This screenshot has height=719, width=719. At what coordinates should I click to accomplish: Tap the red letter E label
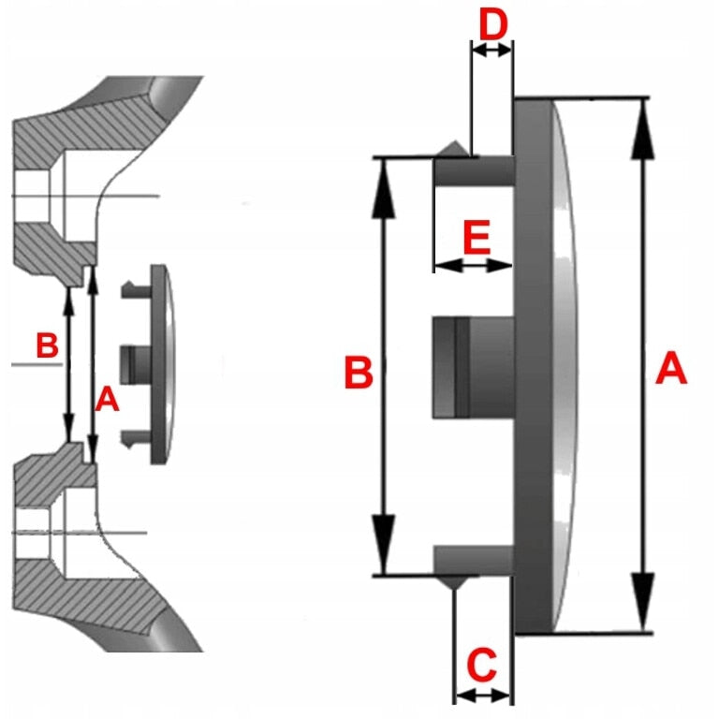coord(477,238)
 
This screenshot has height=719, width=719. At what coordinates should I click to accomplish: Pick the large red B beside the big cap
coord(359,373)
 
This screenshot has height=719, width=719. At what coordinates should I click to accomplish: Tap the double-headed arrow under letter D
coord(492,51)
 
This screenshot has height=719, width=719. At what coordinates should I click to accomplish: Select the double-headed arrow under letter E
coord(473,266)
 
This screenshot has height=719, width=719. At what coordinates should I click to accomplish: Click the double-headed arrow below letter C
coord(482,697)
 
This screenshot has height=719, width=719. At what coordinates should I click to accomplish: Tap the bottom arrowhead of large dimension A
coord(644,602)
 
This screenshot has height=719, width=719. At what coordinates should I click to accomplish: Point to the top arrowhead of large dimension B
coord(384,188)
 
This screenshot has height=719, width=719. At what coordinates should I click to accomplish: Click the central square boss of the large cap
coord(473,367)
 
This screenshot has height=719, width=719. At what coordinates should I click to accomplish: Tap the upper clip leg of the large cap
coord(474,171)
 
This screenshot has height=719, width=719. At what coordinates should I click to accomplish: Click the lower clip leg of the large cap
coord(473,560)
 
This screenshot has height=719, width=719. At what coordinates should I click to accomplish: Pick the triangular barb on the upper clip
coord(454,148)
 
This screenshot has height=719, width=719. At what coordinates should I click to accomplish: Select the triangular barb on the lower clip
coord(454,583)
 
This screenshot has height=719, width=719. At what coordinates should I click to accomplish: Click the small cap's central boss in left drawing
coord(135,364)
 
